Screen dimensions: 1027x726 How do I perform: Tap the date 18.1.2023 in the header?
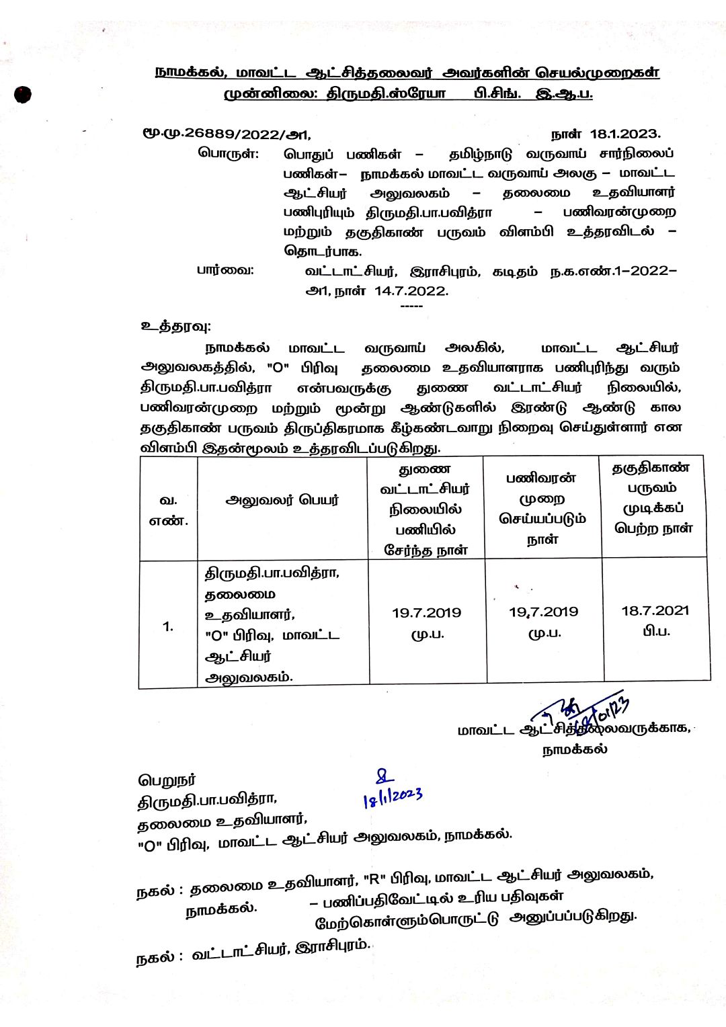[x=624, y=134]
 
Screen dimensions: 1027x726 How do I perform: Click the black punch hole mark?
[x=22, y=95]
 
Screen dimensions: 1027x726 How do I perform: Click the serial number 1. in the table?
[x=168, y=626]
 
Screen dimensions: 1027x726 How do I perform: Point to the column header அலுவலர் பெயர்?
[x=282, y=500]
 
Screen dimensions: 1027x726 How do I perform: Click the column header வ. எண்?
[x=168, y=510]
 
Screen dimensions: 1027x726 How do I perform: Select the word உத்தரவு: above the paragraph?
[x=175, y=326]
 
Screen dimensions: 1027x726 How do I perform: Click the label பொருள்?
[x=228, y=153]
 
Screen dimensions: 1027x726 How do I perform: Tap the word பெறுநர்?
[x=167, y=780]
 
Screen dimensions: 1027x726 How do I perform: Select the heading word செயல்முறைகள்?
[x=598, y=72]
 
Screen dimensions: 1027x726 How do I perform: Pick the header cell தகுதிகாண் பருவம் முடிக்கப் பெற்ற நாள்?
[x=653, y=498]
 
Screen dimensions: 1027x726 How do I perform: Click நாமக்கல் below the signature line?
[x=575, y=749]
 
